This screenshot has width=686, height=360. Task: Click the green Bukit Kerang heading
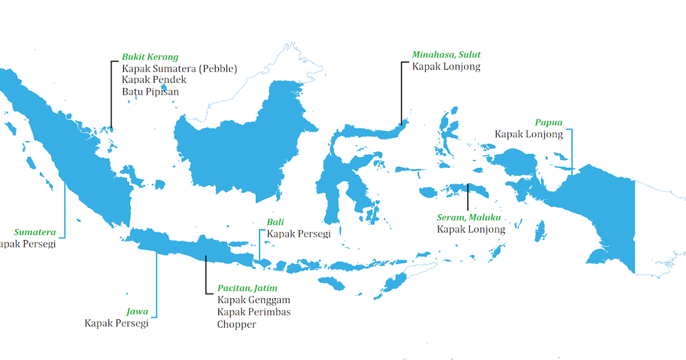pyautogui.click(x=150, y=57)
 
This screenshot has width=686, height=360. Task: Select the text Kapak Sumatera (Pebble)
pyautogui.click(x=179, y=69)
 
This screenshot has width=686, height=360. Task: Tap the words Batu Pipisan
pyautogui.click(x=150, y=91)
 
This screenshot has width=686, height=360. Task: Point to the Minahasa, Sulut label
pyautogui.click(x=446, y=55)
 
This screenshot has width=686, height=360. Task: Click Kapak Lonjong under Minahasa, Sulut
pyautogui.click(x=446, y=66)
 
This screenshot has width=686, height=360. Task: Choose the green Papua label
pyautogui.click(x=549, y=122)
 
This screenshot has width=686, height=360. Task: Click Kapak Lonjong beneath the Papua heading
pyautogui.click(x=529, y=134)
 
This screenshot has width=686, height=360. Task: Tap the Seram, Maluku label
pyautogui.click(x=469, y=218)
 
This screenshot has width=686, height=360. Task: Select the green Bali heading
pyautogui.click(x=275, y=222)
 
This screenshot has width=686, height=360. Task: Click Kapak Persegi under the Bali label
pyautogui.click(x=298, y=234)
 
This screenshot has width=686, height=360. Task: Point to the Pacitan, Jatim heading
pyautogui.click(x=247, y=288)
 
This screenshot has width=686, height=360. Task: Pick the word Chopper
pyautogui.click(x=236, y=324)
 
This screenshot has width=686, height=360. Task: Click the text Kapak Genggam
pyautogui.click(x=253, y=299)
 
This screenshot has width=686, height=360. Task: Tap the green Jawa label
pyautogui.click(x=137, y=311)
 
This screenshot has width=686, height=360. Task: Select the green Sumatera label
pyautogui.click(x=35, y=232)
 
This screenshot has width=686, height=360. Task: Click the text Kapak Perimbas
pyautogui.click(x=253, y=311)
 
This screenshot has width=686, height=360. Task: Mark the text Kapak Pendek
pyautogui.click(x=154, y=80)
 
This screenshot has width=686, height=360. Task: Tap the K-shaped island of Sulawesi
pyautogui.click(x=337, y=171)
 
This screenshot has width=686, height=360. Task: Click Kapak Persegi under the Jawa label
pyautogui.click(x=116, y=323)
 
